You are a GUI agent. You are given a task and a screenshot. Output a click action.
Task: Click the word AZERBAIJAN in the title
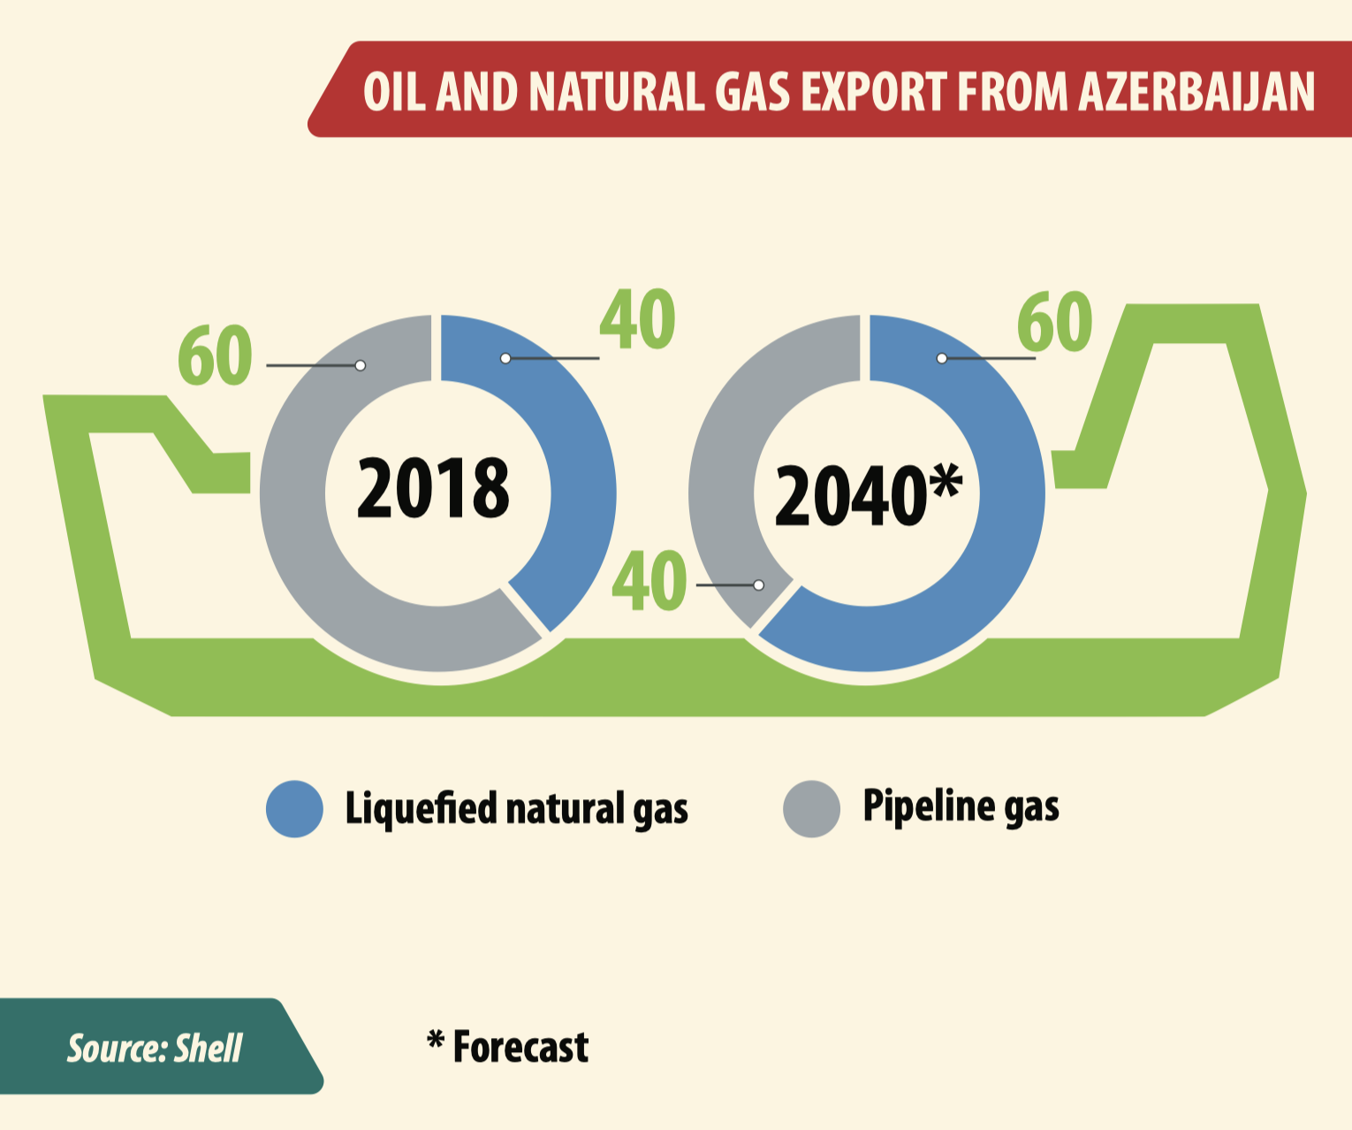(1196, 91)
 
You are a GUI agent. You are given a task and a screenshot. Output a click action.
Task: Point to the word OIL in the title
(394, 91)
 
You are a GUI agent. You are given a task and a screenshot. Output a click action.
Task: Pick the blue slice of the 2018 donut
(570, 454)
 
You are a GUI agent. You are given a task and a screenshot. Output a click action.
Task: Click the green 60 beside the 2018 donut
(215, 355)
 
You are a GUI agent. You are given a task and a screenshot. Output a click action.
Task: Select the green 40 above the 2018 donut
(638, 319)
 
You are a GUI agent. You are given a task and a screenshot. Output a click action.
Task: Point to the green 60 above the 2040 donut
(1055, 321)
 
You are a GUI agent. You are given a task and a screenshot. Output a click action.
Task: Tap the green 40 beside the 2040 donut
(649, 581)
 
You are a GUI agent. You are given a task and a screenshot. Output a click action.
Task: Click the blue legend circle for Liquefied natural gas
(294, 809)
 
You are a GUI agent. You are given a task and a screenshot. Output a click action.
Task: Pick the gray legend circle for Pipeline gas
(811, 809)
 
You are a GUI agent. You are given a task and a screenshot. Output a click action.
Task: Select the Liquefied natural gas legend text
(517, 809)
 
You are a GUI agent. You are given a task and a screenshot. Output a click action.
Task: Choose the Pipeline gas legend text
(961, 806)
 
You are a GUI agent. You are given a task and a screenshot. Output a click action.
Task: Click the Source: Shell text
(155, 1049)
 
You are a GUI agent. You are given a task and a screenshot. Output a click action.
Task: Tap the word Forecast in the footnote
(520, 1047)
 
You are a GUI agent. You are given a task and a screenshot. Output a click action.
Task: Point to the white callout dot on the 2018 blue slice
(505, 358)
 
